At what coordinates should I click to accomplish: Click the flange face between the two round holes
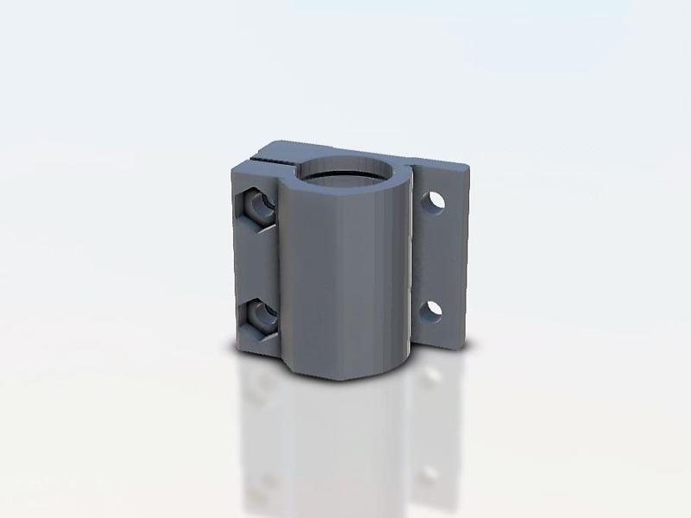[x=436, y=256]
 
